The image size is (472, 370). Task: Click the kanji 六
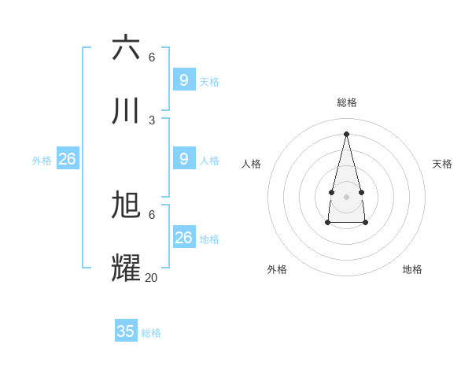pos(126,47)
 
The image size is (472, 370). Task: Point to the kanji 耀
pos(126,268)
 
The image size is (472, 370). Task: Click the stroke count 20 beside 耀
pos(151,277)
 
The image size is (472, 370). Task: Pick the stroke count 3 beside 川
pos(152,120)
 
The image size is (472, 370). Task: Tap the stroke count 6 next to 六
pos(152,57)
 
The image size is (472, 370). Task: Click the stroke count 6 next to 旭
pos(152,214)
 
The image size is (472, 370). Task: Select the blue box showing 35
pos(126,331)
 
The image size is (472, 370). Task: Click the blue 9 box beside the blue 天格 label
pos(184,80)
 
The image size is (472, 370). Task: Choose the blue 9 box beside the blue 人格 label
pos(184,159)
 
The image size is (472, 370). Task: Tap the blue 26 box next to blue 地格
pos(184,238)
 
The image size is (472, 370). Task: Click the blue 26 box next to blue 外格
pos(68,159)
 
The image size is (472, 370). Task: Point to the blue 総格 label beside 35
pos(151,333)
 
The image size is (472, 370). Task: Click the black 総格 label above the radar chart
pos(347,102)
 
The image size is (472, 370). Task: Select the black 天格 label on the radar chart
pos(443,164)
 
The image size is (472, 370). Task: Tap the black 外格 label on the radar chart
pos(277,269)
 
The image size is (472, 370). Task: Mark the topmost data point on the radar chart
pos(347,133)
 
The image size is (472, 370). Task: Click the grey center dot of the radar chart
pos(347,196)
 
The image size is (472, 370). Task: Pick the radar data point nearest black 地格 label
pos(366,224)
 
